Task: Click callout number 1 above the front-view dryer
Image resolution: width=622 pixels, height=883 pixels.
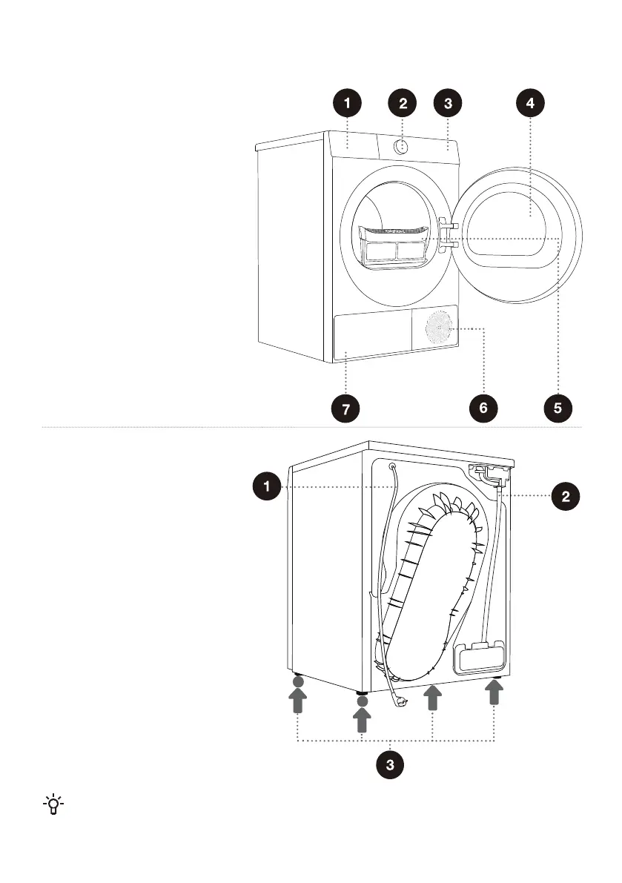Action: coord(347,105)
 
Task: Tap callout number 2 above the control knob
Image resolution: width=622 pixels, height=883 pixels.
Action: coord(403,105)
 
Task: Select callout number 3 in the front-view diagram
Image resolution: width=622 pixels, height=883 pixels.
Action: coord(448,105)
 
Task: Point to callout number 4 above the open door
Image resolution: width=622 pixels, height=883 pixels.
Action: coord(529,105)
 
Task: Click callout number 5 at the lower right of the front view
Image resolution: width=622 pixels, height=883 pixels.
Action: coord(558,407)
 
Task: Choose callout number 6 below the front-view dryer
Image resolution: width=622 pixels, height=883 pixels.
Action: coord(483,407)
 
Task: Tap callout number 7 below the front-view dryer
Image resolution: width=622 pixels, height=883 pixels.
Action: coord(345,407)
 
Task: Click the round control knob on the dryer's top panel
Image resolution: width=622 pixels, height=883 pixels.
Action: coord(403,145)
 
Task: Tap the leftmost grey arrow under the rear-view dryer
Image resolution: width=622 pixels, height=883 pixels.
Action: coord(297,699)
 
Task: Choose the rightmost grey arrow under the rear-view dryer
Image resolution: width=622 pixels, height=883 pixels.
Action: coord(494,694)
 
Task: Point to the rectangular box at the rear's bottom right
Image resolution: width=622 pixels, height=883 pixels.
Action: coord(480,658)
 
